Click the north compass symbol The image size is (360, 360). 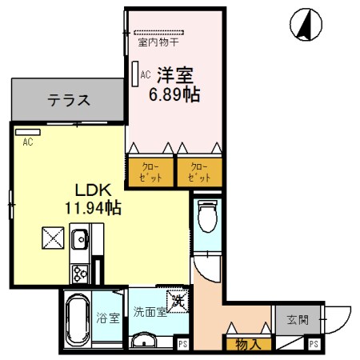click(x=304, y=24)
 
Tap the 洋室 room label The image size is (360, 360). click(x=174, y=76)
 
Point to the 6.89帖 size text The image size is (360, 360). click(x=174, y=94)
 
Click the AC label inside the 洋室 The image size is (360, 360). click(x=145, y=74)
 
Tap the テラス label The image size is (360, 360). click(x=68, y=101)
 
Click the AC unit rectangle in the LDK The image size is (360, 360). click(x=27, y=130)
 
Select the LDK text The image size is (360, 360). click(x=92, y=190)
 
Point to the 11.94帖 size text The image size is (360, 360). click(x=92, y=207)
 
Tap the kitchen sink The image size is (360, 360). click(x=80, y=239)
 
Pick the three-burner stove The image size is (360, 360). click(x=80, y=273)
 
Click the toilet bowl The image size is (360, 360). click(x=206, y=216)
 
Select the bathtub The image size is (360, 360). click(x=78, y=320)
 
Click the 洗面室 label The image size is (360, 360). click(x=150, y=313)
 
